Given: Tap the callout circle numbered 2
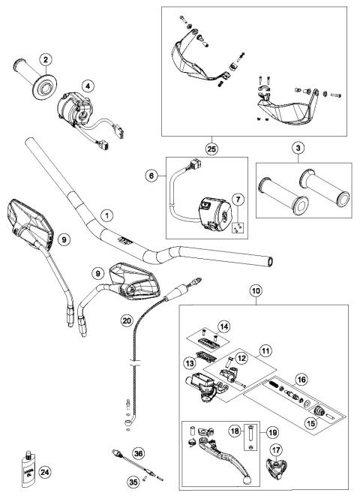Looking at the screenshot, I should tap(46, 59).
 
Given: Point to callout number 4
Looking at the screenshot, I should tap(88, 86).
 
